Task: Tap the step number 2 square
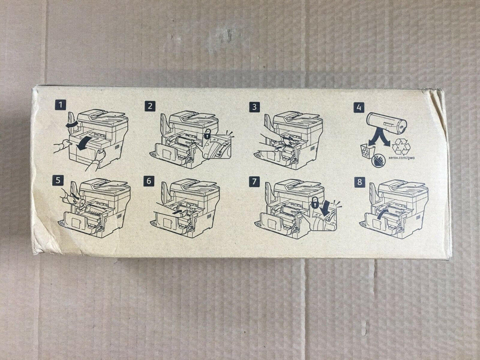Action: [150, 106]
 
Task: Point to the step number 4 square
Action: [359, 108]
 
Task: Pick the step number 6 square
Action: [149, 181]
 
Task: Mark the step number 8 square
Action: [360, 182]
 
